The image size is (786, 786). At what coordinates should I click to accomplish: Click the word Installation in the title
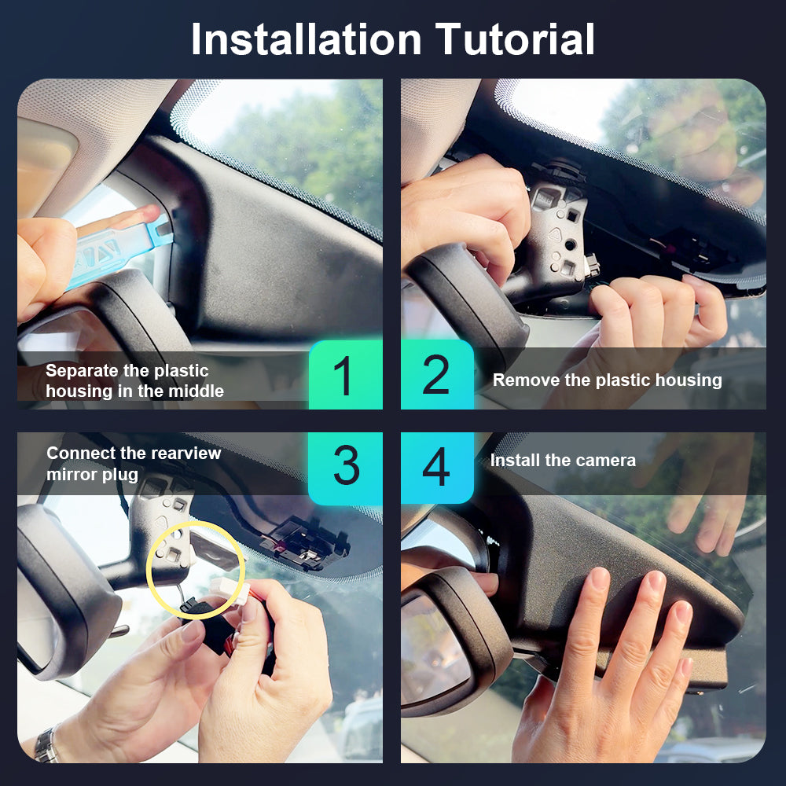tap(307, 39)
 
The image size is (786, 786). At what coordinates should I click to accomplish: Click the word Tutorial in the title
tap(515, 39)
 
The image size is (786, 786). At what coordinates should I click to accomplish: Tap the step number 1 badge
tap(345, 374)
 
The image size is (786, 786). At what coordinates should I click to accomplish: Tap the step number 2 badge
tap(437, 374)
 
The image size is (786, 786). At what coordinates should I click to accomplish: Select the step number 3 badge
tap(345, 467)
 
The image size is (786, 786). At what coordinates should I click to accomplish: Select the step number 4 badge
tap(437, 467)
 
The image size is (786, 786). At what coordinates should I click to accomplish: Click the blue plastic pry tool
tap(119, 251)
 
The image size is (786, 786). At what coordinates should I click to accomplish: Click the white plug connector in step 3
tap(230, 590)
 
